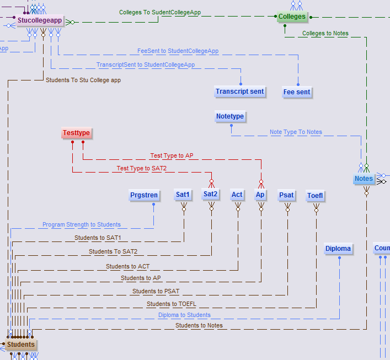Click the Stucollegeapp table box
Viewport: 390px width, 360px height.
tap(39, 22)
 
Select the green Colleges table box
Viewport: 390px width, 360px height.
tap(292, 17)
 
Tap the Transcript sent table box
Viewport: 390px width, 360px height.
tap(240, 92)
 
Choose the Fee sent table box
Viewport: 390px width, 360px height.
tap(297, 92)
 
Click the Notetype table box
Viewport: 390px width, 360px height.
tap(230, 117)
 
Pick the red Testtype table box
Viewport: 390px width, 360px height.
tap(76, 133)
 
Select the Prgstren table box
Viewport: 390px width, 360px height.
tap(144, 195)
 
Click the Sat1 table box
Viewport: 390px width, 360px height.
tap(183, 195)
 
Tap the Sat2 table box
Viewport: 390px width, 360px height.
tap(211, 195)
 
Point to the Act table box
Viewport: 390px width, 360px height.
tap(237, 195)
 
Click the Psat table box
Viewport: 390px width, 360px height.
tap(287, 195)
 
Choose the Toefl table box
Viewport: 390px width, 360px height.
tap(316, 196)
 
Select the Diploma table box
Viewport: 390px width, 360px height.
tap(338, 249)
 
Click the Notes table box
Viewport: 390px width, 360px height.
tap(364, 179)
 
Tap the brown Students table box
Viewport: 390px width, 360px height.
tap(21, 345)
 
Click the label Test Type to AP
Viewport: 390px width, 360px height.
tap(172, 156)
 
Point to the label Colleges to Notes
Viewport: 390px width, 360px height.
tap(325, 34)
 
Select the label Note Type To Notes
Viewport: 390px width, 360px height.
tap(296, 132)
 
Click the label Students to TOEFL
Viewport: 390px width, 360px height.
tap(171, 304)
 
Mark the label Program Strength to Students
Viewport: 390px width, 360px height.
tap(82, 225)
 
